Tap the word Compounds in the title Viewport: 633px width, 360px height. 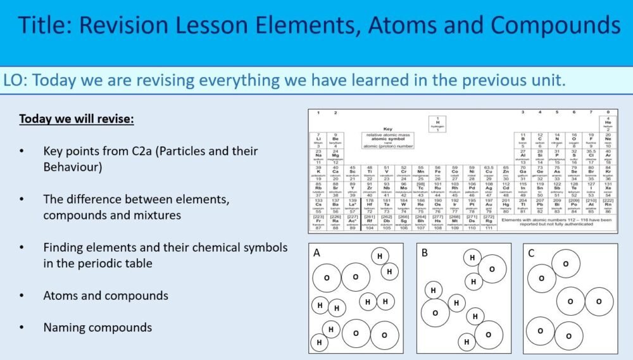coord(556,25)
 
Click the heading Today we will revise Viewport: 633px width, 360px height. coord(77,119)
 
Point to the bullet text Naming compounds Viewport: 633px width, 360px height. coord(97,327)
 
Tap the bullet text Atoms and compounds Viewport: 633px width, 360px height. coord(106,295)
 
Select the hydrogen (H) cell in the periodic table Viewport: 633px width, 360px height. coord(437,123)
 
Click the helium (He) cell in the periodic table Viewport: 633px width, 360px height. coord(608,123)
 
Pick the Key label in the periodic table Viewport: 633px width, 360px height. coord(388,129)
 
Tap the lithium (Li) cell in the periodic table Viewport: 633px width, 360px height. coord(318,140)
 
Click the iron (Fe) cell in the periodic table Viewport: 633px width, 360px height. coord(437,172)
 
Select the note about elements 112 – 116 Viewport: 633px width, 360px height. coord(557,221)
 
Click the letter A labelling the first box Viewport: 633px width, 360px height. coord(316,253)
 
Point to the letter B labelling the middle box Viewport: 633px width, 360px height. coord(425,253)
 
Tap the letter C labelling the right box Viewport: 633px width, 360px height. coord(532,253)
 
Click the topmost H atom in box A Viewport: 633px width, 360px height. coord(380,256)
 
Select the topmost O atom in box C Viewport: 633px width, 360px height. coord(565,264)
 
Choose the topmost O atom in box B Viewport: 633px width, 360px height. coord(492,269)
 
